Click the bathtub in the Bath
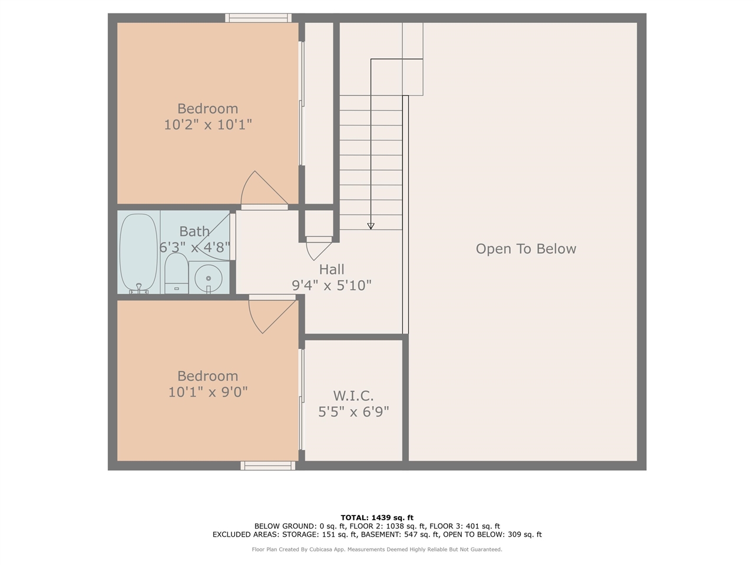coord(138,253)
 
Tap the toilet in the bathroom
coord(176,273)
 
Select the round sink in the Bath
coord(208,278)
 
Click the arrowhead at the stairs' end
coord(371,226)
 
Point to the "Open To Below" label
coord(525,249)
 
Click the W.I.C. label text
coord(353,396)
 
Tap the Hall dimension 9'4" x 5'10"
coord(332,285)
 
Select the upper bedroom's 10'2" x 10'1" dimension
coord(208,125)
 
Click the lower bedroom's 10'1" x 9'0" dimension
coord(208,392)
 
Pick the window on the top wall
coord(259,18)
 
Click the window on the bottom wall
coord(267,466)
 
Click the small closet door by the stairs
coord(319,248)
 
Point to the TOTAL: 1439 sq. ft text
coord(377,517)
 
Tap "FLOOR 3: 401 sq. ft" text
coord(465,526)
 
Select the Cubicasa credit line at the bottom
coord(377,549)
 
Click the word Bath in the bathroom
coord(194,231)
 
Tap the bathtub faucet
coord(139,288)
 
